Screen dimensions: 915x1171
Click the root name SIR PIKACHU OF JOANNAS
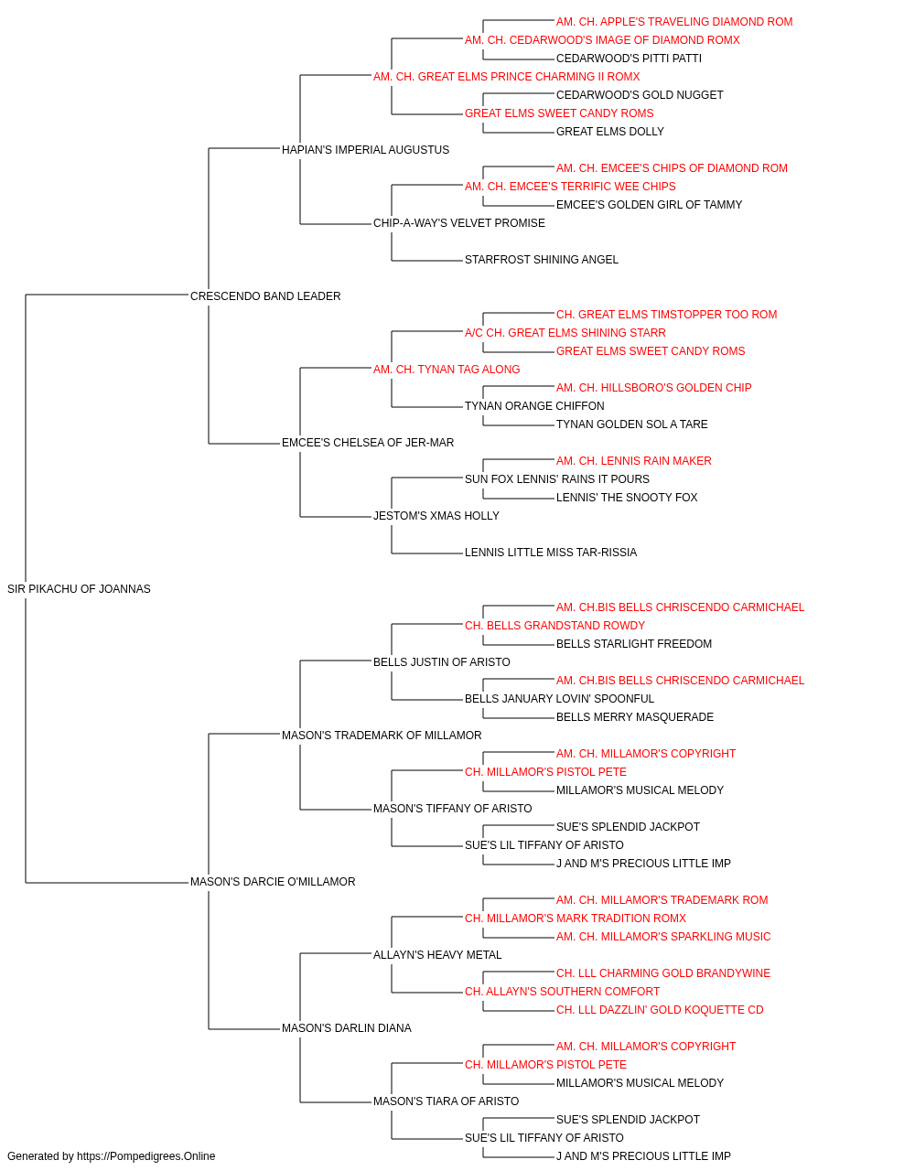pos(79,589)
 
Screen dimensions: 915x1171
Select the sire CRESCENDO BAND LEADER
pos(265,296)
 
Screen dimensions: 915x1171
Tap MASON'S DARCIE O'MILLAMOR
pos(273,882)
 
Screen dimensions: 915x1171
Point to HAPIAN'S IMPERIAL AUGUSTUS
pos(365,150)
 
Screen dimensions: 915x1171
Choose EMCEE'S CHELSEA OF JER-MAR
pos(368,443)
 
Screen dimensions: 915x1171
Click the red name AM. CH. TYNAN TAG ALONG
pos(447,369)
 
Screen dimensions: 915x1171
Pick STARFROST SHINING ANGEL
pos(542,260)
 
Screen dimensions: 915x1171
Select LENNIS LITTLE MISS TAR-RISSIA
pos(551,553)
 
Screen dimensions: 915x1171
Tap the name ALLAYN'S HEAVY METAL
pos(437,955)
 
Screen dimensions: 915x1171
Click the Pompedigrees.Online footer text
pos(111,1156)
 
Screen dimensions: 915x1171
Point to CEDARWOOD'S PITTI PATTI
pos(629,59)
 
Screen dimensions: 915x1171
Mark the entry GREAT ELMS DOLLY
pos(610,132)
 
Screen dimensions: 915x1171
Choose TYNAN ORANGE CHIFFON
pos(534,406)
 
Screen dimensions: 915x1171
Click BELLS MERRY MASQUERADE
pos(635,716)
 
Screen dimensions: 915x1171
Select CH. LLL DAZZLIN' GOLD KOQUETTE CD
pos(660,1010)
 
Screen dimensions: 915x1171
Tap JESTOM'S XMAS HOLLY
pos(436,516)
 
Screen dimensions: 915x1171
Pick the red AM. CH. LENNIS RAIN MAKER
pos(634,461)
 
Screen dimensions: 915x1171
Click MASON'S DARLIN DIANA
pos(347,1028)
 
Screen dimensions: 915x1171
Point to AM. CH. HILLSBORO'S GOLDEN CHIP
pos(653,388)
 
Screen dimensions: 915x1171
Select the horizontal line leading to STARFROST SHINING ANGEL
pos(426,261)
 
